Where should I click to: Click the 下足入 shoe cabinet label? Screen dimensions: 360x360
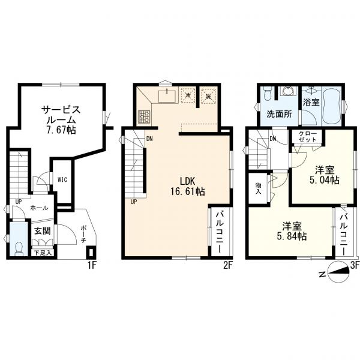(41, 253)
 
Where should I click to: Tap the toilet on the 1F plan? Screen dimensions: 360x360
(17, 247)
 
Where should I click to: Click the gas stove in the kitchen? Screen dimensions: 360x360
(145, 117)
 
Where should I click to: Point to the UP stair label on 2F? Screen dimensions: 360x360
(133, 201)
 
